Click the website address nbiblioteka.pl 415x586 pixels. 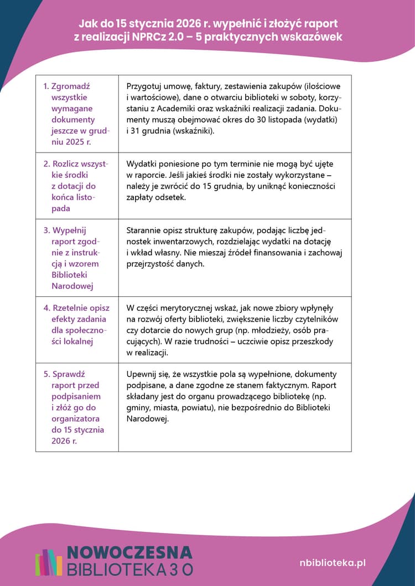click(332, 563)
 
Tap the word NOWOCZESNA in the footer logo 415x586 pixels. click(129, 553)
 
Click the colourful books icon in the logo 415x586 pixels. click(49, 562)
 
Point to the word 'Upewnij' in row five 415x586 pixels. click(142, 374)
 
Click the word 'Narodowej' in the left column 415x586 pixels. click(72, 286)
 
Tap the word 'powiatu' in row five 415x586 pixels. click(189, 407)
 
